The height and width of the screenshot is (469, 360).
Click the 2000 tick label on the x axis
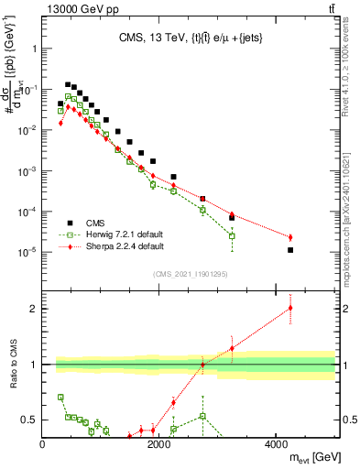[159, 444]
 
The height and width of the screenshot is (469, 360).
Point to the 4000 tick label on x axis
[276, 444]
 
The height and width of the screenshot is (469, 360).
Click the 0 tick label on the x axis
[43, 444]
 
